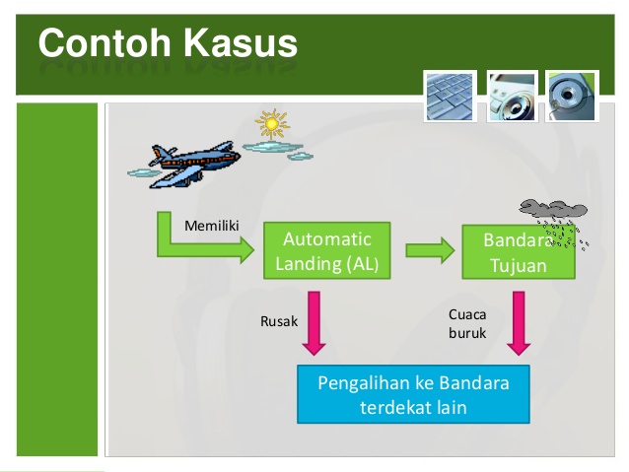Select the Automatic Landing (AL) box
[326, 252]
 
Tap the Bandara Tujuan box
[519, 253]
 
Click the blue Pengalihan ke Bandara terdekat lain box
[413, 394]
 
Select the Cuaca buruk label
[467, 323]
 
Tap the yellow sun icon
[271, 125]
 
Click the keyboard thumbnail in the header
[450, 95]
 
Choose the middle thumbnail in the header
[512, 95]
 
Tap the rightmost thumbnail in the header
[573, 95]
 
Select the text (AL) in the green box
[360, 264]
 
